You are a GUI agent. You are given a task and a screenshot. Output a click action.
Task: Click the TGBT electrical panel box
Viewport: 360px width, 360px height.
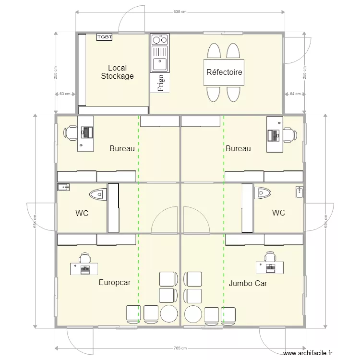105,37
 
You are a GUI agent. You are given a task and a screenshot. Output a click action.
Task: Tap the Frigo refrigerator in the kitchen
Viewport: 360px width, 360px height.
160,83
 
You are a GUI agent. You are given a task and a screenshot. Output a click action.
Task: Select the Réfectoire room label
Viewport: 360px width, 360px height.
224,72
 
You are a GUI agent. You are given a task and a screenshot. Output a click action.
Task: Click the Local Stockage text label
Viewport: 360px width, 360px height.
117,72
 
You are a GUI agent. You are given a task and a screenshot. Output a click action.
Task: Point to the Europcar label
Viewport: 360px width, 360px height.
115,283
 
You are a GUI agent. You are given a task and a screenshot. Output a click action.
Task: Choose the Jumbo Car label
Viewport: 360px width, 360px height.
248,283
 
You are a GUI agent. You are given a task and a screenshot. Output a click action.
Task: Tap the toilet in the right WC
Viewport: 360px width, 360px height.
263,193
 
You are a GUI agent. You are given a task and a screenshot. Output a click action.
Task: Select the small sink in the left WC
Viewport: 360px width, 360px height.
63,187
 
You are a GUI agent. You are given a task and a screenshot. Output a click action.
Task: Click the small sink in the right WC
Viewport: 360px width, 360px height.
300,192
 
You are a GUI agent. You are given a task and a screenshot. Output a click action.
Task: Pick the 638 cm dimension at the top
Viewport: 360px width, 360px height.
180,12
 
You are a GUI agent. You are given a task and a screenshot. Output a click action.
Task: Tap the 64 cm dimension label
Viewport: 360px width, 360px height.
295,94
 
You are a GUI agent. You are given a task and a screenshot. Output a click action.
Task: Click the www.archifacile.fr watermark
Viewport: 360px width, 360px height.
308,353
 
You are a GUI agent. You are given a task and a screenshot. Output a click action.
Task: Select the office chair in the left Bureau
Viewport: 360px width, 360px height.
71,132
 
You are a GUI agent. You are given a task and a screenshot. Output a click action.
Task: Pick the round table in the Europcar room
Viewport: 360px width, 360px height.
169,314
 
